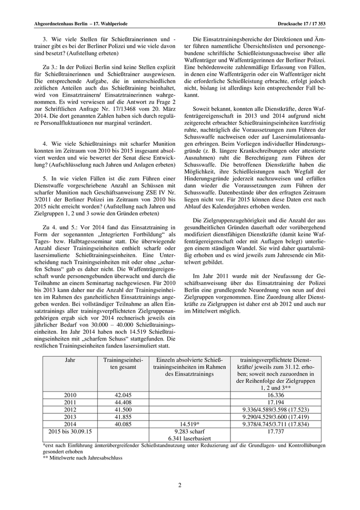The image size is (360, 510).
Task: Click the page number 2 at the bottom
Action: pos(180,485)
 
